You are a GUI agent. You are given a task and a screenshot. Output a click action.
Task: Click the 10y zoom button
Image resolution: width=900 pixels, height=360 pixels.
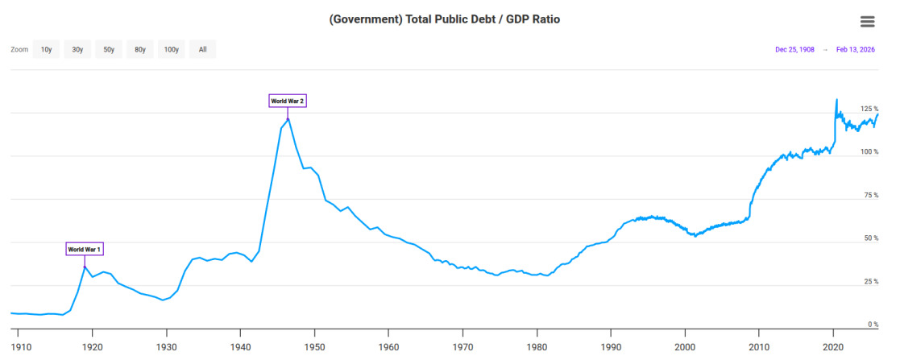47,50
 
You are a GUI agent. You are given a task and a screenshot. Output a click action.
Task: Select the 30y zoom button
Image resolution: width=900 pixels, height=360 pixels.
77,50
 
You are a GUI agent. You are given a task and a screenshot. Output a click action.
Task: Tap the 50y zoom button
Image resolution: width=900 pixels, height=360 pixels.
109,50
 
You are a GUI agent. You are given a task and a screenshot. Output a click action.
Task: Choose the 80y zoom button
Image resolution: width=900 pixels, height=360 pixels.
140,50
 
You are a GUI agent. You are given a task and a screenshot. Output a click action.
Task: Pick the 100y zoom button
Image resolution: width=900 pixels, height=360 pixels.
171,50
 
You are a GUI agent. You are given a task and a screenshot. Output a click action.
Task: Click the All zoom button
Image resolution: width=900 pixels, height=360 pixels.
202,50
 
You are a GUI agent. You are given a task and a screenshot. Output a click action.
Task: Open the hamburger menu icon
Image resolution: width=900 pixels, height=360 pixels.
867,22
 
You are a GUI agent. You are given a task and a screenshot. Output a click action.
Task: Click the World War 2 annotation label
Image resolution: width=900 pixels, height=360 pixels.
287,101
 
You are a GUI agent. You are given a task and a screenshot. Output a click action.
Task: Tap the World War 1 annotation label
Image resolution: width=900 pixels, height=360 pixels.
84,250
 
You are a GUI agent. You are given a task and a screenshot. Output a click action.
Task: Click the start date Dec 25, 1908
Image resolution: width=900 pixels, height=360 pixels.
794,50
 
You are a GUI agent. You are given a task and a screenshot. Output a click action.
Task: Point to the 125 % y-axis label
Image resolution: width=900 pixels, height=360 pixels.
869,109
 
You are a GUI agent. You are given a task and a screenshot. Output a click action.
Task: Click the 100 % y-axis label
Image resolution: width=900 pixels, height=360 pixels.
869,152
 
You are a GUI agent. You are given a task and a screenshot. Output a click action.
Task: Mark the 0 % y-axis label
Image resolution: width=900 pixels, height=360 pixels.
873,325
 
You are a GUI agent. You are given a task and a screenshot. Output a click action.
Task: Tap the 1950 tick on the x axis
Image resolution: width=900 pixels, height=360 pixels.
314,346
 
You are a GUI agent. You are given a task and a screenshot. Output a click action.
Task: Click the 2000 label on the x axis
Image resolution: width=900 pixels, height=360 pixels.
685,346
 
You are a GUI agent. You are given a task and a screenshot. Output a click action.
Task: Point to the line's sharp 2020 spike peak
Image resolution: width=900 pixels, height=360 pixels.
836,99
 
